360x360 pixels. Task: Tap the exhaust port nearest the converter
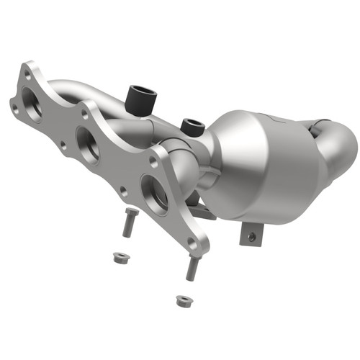[153, 192]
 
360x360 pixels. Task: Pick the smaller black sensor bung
[191, 127]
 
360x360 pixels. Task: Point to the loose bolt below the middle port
[128, 222]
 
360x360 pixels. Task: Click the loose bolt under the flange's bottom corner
[192, 267]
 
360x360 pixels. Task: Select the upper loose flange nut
[116, 256]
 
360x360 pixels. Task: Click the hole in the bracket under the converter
[251, 235]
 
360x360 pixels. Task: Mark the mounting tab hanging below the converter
[253, 232]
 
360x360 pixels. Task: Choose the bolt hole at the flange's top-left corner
[27, 71]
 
